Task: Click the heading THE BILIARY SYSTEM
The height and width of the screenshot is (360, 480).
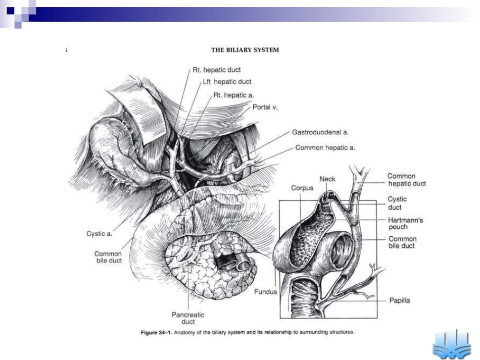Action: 245,50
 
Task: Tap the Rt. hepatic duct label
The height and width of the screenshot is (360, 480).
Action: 217,70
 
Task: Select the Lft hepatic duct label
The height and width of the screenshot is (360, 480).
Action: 227,82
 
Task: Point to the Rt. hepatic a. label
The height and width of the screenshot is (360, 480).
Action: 233,95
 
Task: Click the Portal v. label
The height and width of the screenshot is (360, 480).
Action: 265,107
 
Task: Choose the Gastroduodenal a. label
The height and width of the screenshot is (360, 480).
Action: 320,132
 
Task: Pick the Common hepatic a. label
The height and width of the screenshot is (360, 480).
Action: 325,148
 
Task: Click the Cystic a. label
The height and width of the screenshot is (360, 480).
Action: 100,234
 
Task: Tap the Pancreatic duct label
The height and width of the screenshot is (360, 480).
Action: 188,318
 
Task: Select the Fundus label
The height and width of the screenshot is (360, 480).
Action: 265,292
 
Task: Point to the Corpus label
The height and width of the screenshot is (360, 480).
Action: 302,188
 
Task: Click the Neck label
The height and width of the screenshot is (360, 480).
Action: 327,179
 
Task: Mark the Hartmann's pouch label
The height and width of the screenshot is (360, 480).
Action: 405,223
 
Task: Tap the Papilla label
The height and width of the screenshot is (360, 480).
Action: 400,300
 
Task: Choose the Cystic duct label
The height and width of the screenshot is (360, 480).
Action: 397,203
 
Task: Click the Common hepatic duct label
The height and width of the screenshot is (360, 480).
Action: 407,180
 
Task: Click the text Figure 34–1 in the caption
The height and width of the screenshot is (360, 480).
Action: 157,332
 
